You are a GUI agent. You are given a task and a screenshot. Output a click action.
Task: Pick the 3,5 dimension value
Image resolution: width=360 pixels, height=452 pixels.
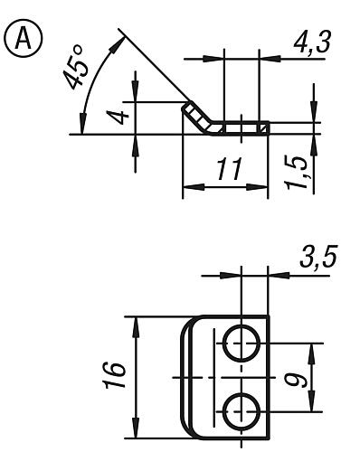coord(317,259)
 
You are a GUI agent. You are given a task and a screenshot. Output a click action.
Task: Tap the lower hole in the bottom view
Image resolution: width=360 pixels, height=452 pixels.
coord(241,410)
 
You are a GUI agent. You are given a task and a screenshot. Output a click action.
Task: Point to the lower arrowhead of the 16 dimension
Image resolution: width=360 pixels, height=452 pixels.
coord(135,435)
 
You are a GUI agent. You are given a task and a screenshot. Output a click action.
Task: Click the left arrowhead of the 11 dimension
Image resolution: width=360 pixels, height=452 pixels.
coord(188,189)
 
